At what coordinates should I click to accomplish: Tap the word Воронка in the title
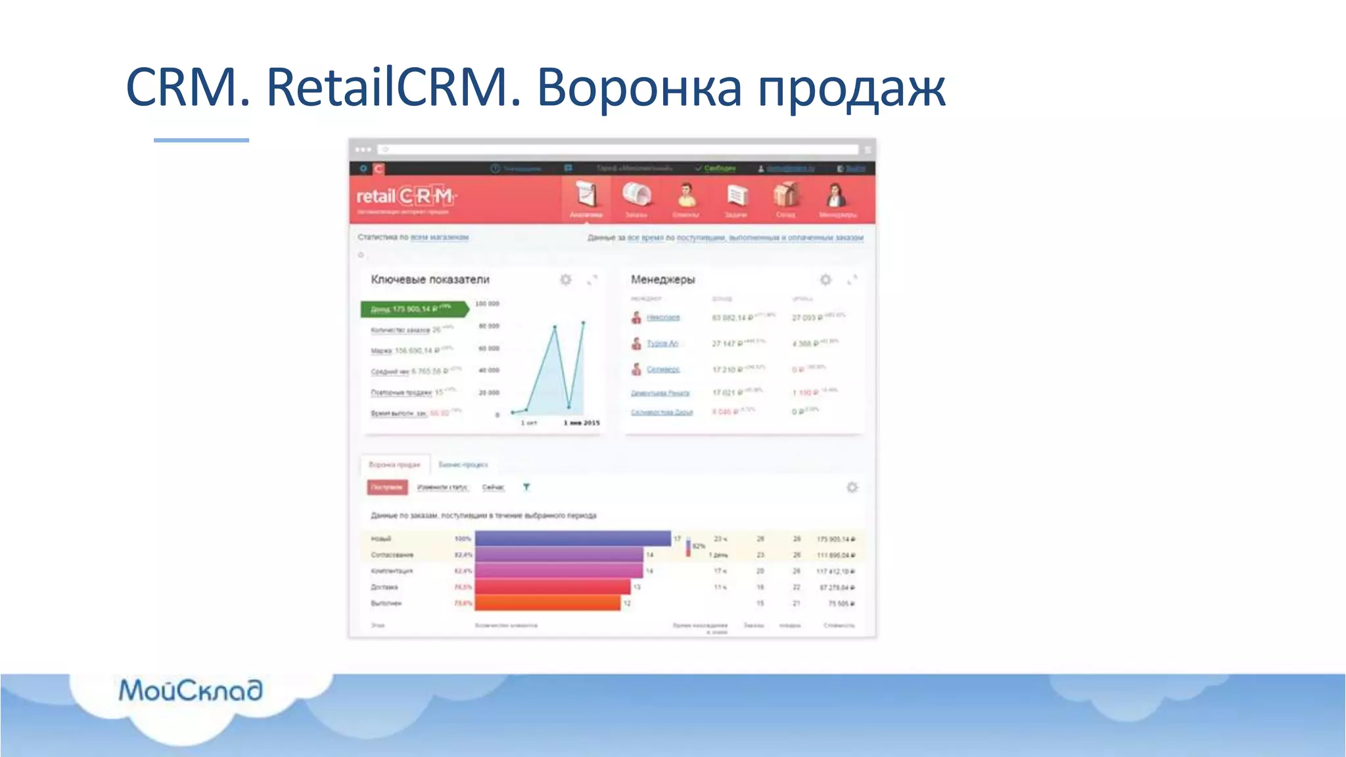[x=639, y=87]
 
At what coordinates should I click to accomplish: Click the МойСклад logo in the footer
[x=191, y=691]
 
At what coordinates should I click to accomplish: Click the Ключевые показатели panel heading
[x=430, y=279]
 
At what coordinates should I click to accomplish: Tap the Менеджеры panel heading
[x=662, y=279]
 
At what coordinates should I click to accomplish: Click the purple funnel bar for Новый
[x=572, y=539]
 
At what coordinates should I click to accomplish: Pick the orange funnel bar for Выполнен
[x=547, y=603]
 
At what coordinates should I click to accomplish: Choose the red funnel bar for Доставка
[x=552, y=587]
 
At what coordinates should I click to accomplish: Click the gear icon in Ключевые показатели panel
[x=565, y=279]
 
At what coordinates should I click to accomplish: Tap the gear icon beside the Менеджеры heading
[x=825, y=279]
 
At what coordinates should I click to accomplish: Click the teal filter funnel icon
[x=526, y=487]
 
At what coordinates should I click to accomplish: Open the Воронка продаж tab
[x=394, y=465]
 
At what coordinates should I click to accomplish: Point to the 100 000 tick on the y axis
[x=487, y=304]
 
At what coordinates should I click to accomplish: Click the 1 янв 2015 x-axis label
[x=582, y=423]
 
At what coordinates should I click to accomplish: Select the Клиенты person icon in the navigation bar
[x=686, y=196]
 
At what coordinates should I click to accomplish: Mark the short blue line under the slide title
[x=201, y=140]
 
